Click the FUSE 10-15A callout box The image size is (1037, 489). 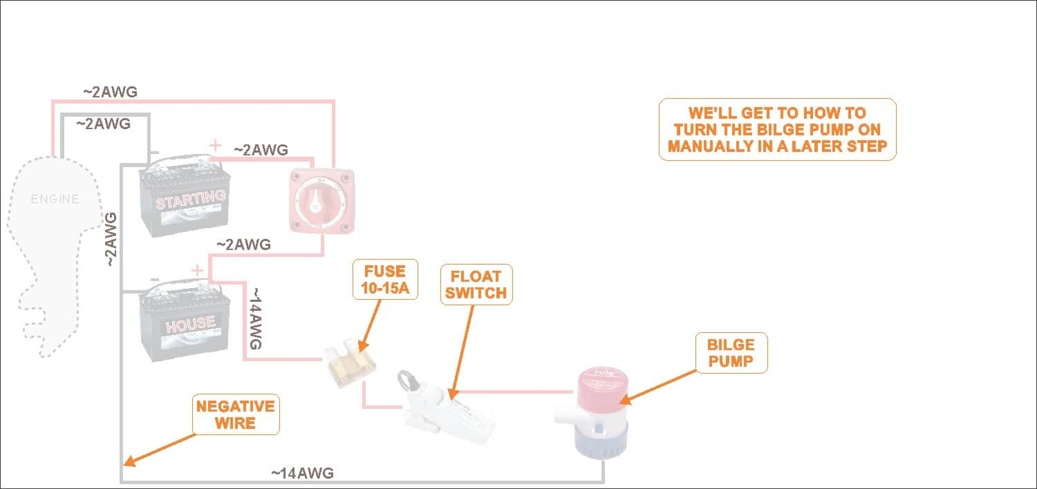(x=386, y=279)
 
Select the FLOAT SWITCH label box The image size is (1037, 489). (x=476, y=283)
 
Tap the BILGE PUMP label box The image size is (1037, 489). (x=730, y=352)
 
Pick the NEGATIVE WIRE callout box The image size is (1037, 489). (x=236, y=414)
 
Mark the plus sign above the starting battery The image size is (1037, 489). (x=216, y=146)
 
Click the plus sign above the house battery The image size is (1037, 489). (x=197, y=270)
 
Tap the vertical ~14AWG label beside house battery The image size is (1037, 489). (x=254, y=319)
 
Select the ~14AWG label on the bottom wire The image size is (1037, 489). (x=302, y=473)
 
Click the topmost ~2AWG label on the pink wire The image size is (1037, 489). (x=110, y=91)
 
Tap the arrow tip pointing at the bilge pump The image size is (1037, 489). (x=621, y=401)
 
